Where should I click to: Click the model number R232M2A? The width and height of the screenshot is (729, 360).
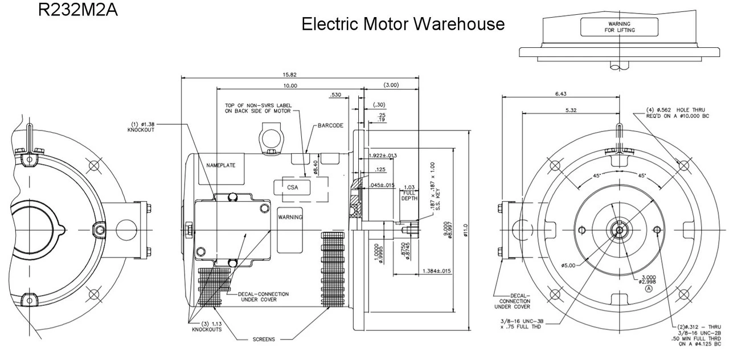click(78, 10)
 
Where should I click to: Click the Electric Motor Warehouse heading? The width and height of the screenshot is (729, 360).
click(403, 24)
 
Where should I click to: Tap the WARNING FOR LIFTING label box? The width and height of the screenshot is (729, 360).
click(619, 27)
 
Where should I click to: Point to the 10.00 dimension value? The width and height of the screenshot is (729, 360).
click(289, 85)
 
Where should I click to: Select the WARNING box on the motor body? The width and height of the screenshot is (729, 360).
click(290, 218)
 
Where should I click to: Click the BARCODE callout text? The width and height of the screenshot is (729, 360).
click(330, 125)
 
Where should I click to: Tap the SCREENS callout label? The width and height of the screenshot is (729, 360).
click(264, 339)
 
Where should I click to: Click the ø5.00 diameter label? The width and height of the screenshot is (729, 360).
click(568, 265)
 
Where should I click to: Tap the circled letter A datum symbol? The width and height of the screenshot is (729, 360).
click(648, 289)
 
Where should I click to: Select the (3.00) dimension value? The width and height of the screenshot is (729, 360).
click(391, 85)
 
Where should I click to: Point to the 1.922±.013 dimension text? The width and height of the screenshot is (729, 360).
click(383, 156)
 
